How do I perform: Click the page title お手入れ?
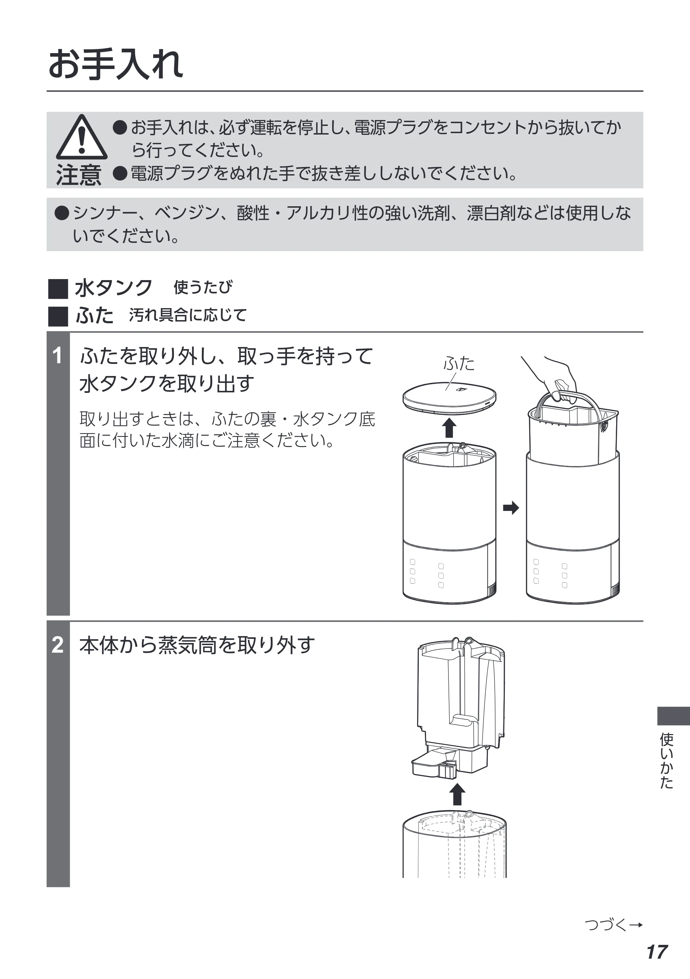(x=116, y=65)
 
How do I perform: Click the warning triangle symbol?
(x=81, y=137)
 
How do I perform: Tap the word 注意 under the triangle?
(x=79, y=175)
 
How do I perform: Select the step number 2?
(x=58, y=645)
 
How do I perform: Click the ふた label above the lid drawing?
(x=459, y=364)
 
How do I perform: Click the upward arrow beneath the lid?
(x=448, y=428)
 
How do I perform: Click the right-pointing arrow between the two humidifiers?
(x=511, y=508)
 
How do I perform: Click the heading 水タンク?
(x=114, y=288)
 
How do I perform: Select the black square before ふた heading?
(x=58, y=316)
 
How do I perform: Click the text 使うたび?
(x=203, y=287)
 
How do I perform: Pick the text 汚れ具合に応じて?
(x=188, y=315)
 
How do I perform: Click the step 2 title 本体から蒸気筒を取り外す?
(x=197, y=645)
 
